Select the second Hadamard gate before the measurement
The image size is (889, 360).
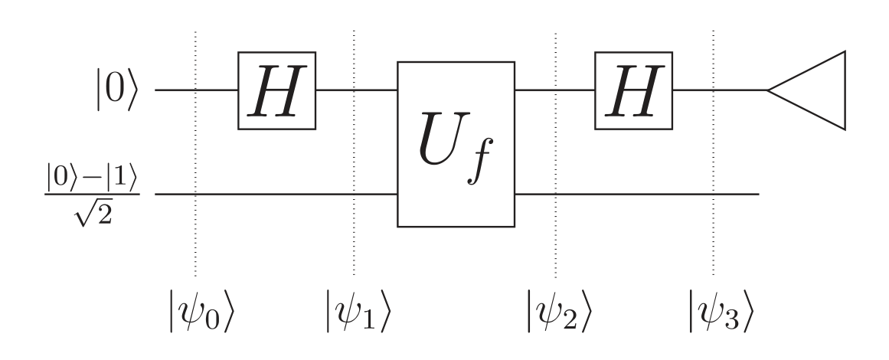633,90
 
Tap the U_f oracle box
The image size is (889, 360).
456,144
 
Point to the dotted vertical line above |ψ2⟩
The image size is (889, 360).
555,153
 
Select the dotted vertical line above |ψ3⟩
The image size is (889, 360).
714,153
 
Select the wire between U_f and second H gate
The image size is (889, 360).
554,90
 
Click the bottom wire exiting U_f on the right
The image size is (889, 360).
636,195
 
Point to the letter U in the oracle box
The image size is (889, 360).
444,141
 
